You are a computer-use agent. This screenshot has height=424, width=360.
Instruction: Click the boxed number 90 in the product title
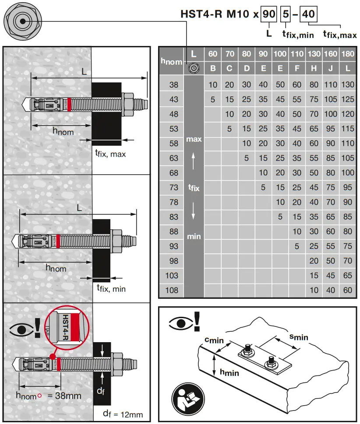pyautogui.click(x=269, y=14)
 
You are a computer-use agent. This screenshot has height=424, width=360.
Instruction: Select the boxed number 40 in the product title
pyautogui.click(x=308, y=14)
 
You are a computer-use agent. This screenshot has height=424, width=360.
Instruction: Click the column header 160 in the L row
pyautogui.click(x=331, y=54)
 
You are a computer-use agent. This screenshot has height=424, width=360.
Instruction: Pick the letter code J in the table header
pyautogui.click(x=331, y=68)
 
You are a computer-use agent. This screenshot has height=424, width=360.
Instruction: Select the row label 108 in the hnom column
pyautogui.click(x=174, y=290)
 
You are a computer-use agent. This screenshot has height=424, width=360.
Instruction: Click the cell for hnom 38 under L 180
pyautogui.click(x=348, y=85)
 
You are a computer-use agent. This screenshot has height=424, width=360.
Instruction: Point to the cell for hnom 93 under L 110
pyautogui.click(x=297, y=246)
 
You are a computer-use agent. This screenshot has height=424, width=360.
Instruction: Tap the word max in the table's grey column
pyautogui.click(x=194, y=139)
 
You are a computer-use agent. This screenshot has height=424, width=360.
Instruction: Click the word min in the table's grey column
pyautogui.click(x=194, y=236)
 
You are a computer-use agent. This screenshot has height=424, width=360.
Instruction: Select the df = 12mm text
pyautogui.click(x=123, y=414)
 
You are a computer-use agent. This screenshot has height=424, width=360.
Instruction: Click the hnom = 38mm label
pyautogui.click(x=49, y=396)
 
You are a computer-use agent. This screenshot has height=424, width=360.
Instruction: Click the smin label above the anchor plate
pyautogui.click(x=299, y=336)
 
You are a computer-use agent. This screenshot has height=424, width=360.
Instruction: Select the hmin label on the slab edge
pyautogui.click(x=229, y=373)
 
